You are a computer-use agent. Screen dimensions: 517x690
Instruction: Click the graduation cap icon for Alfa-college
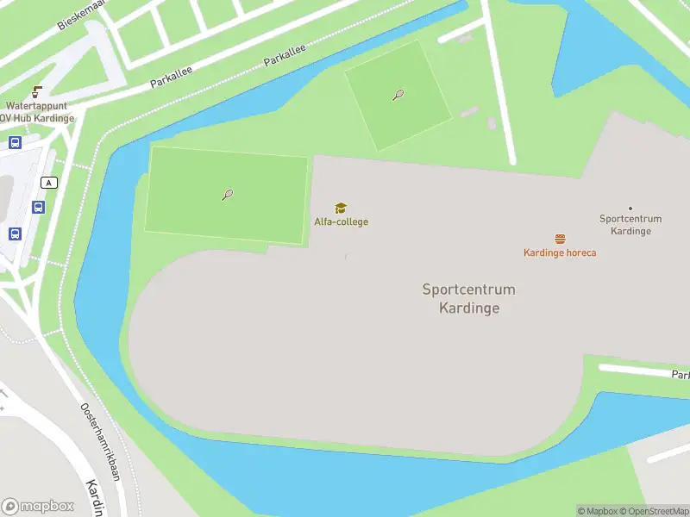tap(341, 209)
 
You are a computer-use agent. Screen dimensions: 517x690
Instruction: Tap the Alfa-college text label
tap(341, 222)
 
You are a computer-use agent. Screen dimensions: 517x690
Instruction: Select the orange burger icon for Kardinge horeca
tap(560, 239)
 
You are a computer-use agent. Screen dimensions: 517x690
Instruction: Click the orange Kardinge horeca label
tap(560, 252)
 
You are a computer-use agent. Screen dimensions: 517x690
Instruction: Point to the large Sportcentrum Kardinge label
tap(468, 298)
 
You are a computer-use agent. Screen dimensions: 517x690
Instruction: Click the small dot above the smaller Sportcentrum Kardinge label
tap(630, 208)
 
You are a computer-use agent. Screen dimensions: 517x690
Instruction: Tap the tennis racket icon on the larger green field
tap(228, 195)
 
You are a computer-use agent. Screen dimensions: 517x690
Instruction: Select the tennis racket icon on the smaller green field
tap(398, 95)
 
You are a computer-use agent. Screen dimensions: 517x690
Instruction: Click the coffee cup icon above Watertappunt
tap(37, 91)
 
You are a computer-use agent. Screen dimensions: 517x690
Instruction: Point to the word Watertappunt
tap(37, 105)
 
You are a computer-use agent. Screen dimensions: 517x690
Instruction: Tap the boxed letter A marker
tap(49, 182)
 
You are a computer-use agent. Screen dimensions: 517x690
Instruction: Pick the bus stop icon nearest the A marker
tap(38, 207)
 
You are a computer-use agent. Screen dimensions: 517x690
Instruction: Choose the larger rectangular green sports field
tap(226, 195)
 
